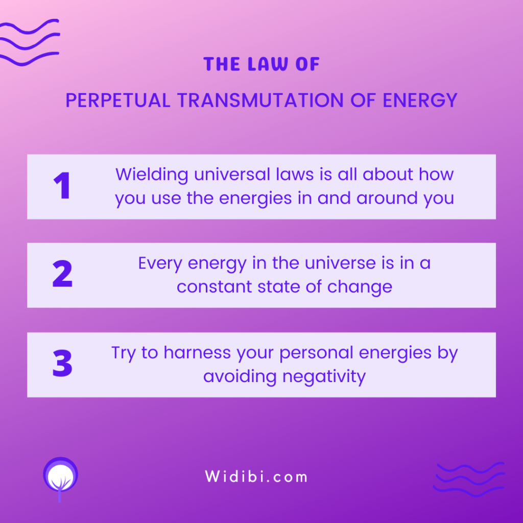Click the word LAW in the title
click(268, 64)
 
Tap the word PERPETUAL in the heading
click(118, 100)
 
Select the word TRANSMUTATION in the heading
click(260, 100)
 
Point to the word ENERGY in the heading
click(420, 100)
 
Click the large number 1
click(62, 185)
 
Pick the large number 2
click(62, 274)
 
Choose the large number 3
click(62, 363)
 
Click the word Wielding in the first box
click(152, 175)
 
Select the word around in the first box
click(387, 198)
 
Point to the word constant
click(214, 287)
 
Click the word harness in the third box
click(197, 352)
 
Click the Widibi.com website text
click(256, 477)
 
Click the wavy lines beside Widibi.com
click(469, 479)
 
